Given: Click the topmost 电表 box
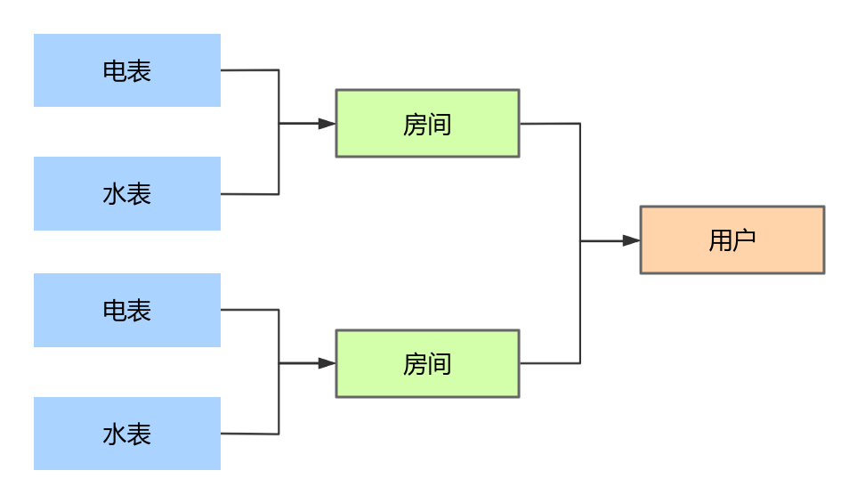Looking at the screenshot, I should pyautogui.click(x=127, y=70).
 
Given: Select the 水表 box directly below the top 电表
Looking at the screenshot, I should pyautogui.click(x=127, y=193).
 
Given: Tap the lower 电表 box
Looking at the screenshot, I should pyautogui.click(x=127, y=310).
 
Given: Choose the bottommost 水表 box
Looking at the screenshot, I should pyautogui.click(x=127, y=434).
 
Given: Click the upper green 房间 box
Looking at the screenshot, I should pyautogui.click(x=427, y=124).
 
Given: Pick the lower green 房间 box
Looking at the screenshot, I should pyautogui.click(x=427, y=363).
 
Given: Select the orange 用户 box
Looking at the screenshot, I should pyautogui.click(x=732, y=240).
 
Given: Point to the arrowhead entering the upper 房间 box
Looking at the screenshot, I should pyautogui.click(x=327, y=124).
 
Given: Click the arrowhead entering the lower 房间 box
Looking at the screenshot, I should pyautogui.click(x=327, y=363).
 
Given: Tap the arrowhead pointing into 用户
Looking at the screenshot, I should pyautogui.click(x=631, y=240).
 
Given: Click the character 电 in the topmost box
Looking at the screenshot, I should pyautogui.click(x=115, y=71).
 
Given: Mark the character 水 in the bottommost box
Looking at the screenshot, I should pyautogui.click(x=115, y=434).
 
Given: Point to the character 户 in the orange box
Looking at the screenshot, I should pyautogui.click(x=744, y=240).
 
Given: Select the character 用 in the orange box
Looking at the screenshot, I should pyautogui.click(x=720, y=240).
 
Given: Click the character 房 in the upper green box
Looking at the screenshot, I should pyautogui.click(x=415, y=125).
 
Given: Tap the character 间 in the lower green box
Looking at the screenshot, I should pyautogui.click(x=440, y=364).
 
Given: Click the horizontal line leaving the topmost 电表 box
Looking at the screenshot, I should pyautogui.click(x=249, y=70).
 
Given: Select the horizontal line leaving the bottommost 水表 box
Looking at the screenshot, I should pyautogui.click(x=249, y=434).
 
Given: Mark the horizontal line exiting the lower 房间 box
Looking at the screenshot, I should pyautogui.click(x=549, y=363).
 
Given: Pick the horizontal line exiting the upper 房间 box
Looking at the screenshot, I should pyautogui.click(x=549, y=124).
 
